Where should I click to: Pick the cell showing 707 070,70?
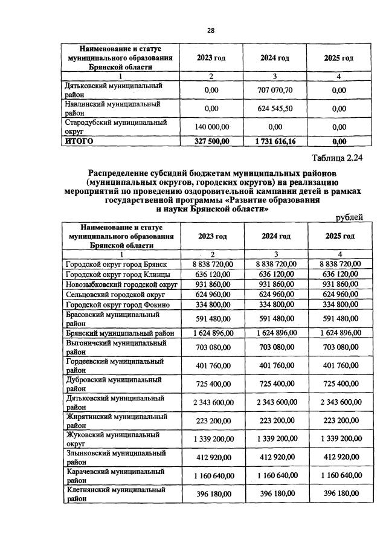point(275,90)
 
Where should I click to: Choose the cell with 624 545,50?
point(275,109)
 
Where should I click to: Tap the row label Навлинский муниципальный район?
point(112,109)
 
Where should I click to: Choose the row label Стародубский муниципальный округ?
point(114,127)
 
